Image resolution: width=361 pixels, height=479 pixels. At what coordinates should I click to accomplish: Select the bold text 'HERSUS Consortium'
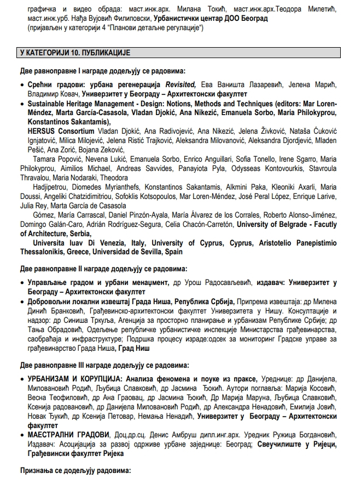tap(61, 132)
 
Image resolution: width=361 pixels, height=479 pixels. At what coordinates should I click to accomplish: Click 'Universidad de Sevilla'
tap(139, 252)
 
